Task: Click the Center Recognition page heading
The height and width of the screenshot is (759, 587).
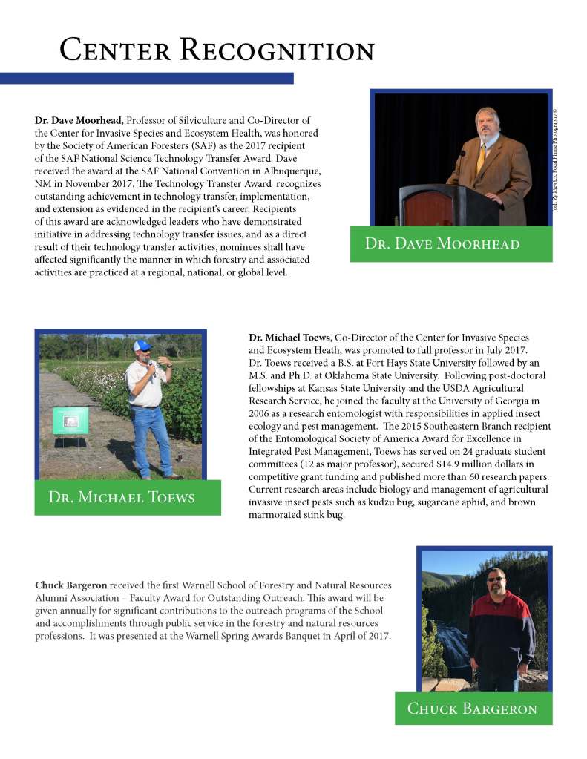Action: click(x=217, y=50)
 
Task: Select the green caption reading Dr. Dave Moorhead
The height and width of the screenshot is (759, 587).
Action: click(x=450, y=244)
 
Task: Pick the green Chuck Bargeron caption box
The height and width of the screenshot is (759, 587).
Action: click(x=473, y=709)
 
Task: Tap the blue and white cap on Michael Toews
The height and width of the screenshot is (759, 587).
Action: click(x=142, y=346)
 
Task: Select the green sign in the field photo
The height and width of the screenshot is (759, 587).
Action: click(x=70, y=421)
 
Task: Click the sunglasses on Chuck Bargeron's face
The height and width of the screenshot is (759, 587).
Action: click(x=496, y=578)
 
